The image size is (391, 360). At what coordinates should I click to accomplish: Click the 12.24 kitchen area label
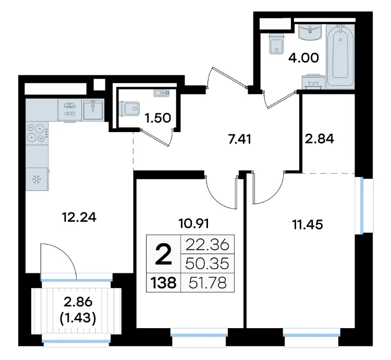click(79, 217)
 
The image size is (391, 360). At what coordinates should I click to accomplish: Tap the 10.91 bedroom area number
click(194, 223)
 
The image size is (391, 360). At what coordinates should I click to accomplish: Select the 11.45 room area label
click(308, 224)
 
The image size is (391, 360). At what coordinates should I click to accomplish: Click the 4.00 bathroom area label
click(303, 58)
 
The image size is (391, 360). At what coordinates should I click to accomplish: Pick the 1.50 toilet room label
click(158, 118)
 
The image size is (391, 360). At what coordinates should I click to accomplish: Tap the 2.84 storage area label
click(320, 139)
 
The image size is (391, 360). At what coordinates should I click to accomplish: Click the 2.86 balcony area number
click(78, 302)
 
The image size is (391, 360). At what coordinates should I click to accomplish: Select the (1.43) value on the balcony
click(78, 318)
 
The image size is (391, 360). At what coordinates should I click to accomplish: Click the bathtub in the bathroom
click(340, 57)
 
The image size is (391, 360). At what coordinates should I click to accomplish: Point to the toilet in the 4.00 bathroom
click(277, 44)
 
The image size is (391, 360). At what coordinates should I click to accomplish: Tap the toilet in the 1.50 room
click(130, 109)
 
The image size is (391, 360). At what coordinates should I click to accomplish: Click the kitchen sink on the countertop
click(93, 110)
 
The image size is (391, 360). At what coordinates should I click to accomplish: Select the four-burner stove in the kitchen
click(37, 133)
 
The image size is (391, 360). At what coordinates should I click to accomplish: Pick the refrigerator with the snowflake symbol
click(37, 179)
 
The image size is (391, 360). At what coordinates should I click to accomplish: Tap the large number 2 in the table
click(163, 254)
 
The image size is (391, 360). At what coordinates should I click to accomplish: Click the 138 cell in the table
click(163, 283)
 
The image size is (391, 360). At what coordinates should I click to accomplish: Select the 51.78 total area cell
click(207, 283)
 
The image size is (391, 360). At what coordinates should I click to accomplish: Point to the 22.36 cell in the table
click(207, 245)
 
